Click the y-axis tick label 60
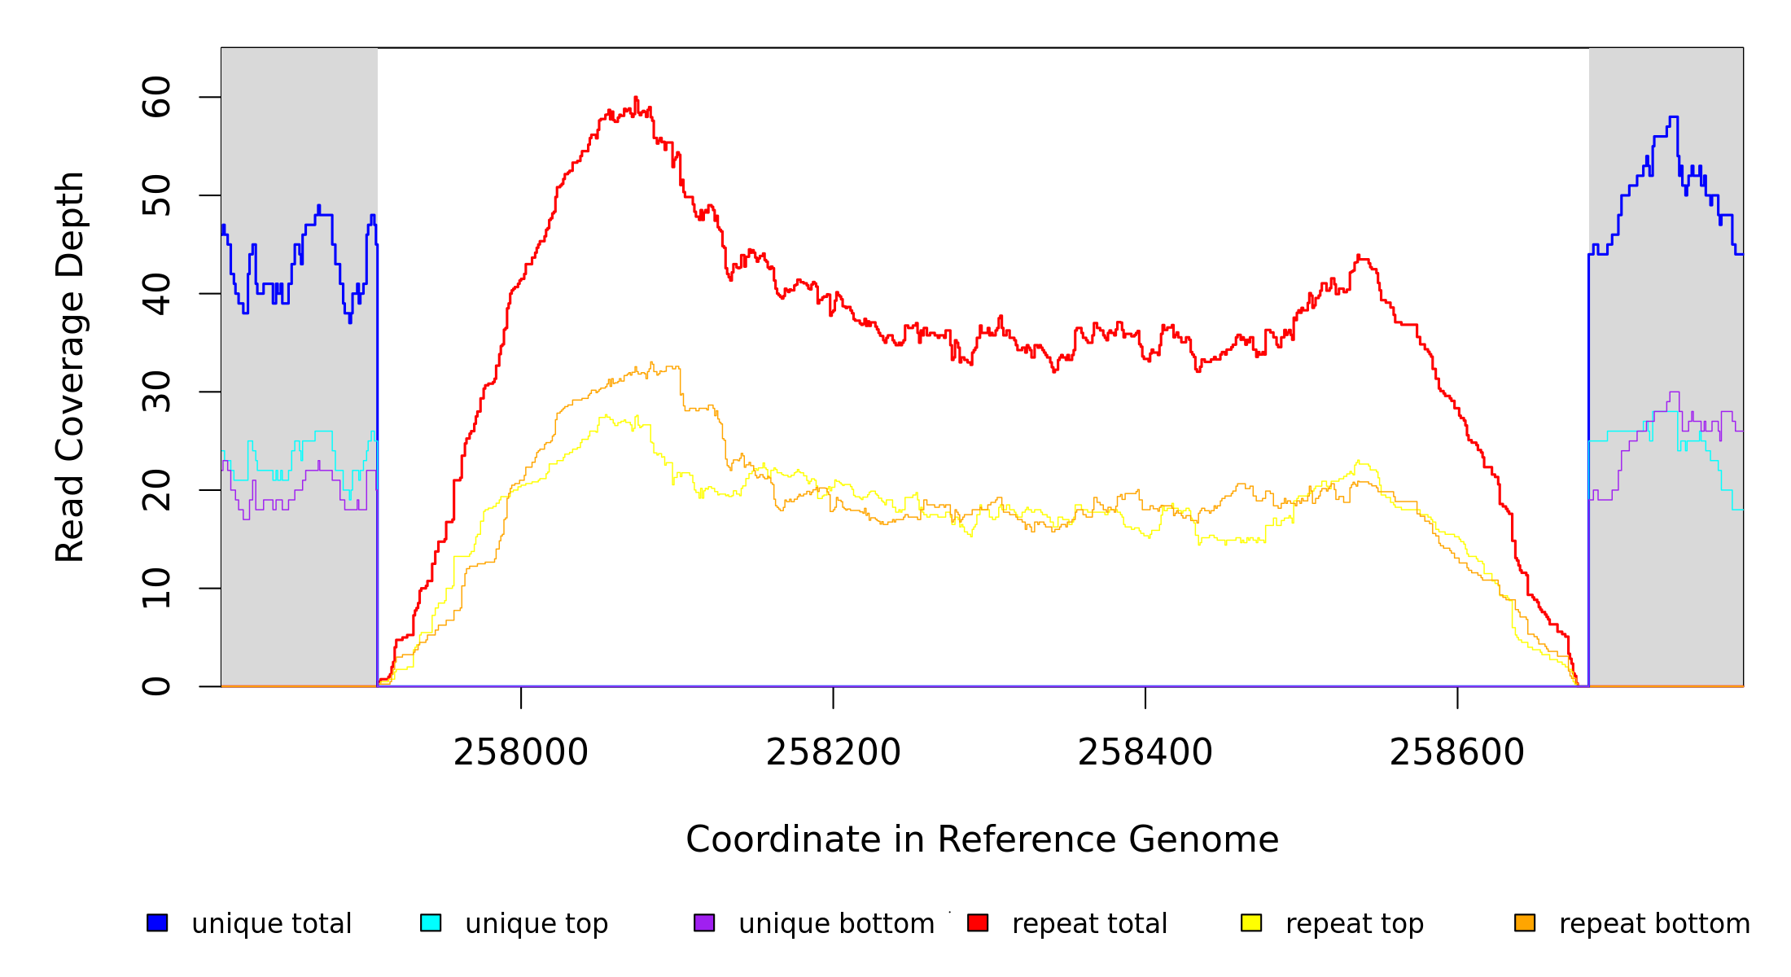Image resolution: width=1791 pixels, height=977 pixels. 157,98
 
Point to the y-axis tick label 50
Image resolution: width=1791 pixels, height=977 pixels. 157,195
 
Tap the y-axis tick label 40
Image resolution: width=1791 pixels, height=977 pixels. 157,294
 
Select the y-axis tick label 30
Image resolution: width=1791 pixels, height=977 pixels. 157,392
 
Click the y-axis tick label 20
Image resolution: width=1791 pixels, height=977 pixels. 157,490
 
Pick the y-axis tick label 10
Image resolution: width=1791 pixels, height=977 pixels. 157,589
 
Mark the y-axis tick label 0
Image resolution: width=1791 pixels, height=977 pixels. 157,686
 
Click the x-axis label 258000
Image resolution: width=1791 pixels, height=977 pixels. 521,753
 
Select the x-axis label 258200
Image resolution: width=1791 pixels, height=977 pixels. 833,753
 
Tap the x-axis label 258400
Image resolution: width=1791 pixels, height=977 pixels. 1145,753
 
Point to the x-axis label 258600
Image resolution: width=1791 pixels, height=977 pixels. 1457,753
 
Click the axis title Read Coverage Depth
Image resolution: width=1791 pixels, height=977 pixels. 70,366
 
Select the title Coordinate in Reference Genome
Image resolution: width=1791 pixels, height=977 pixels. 982,840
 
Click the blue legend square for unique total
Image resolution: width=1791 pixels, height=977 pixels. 157,922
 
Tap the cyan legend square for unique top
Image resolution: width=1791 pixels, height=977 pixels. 431,922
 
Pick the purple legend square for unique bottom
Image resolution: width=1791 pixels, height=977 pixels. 704,922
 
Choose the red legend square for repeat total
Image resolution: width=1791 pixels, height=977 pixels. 978,922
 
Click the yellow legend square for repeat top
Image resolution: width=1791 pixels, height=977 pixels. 1251,922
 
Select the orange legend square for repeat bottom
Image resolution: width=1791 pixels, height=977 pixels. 1525,922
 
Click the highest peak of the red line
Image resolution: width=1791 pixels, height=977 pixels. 636,98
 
